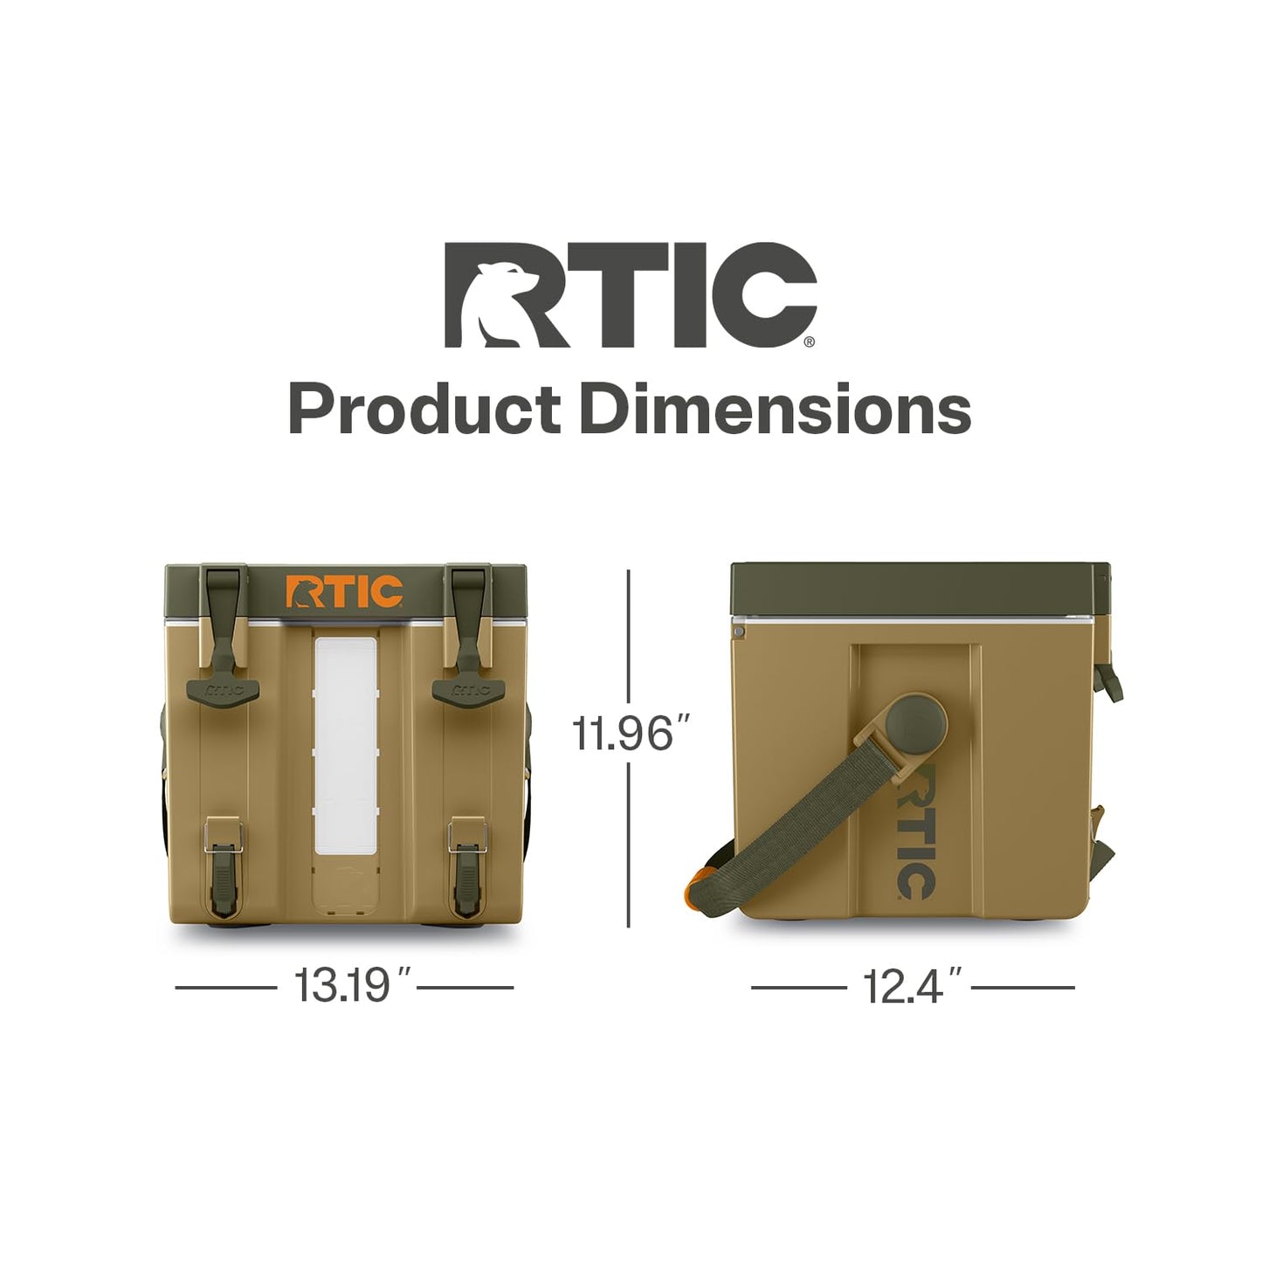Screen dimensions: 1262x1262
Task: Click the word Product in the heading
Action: click(424, 410)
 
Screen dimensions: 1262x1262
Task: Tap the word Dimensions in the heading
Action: click(776, 410)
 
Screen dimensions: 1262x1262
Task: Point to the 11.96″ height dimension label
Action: click(622, 734)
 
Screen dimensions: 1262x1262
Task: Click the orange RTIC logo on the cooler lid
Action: click(344, 591)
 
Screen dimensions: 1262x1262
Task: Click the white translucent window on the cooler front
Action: click(346, 745)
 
